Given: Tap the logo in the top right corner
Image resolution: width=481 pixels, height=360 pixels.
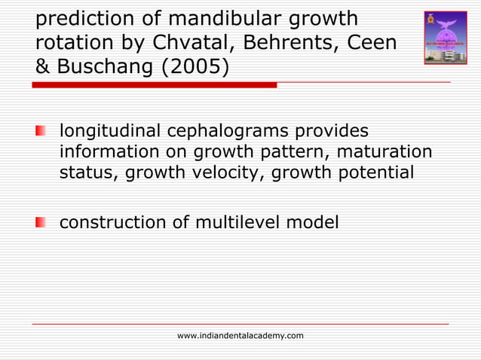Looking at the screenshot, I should click(445, 37).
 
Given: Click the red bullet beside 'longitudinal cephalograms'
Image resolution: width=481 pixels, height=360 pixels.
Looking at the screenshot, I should click(41, 131).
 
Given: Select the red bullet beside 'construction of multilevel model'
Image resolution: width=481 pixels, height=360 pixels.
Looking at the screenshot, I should click(41, 223).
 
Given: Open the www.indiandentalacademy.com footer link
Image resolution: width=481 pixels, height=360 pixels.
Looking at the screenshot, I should click(240, 335).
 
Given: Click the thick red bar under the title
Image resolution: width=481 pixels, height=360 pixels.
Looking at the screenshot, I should click(154, 85).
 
